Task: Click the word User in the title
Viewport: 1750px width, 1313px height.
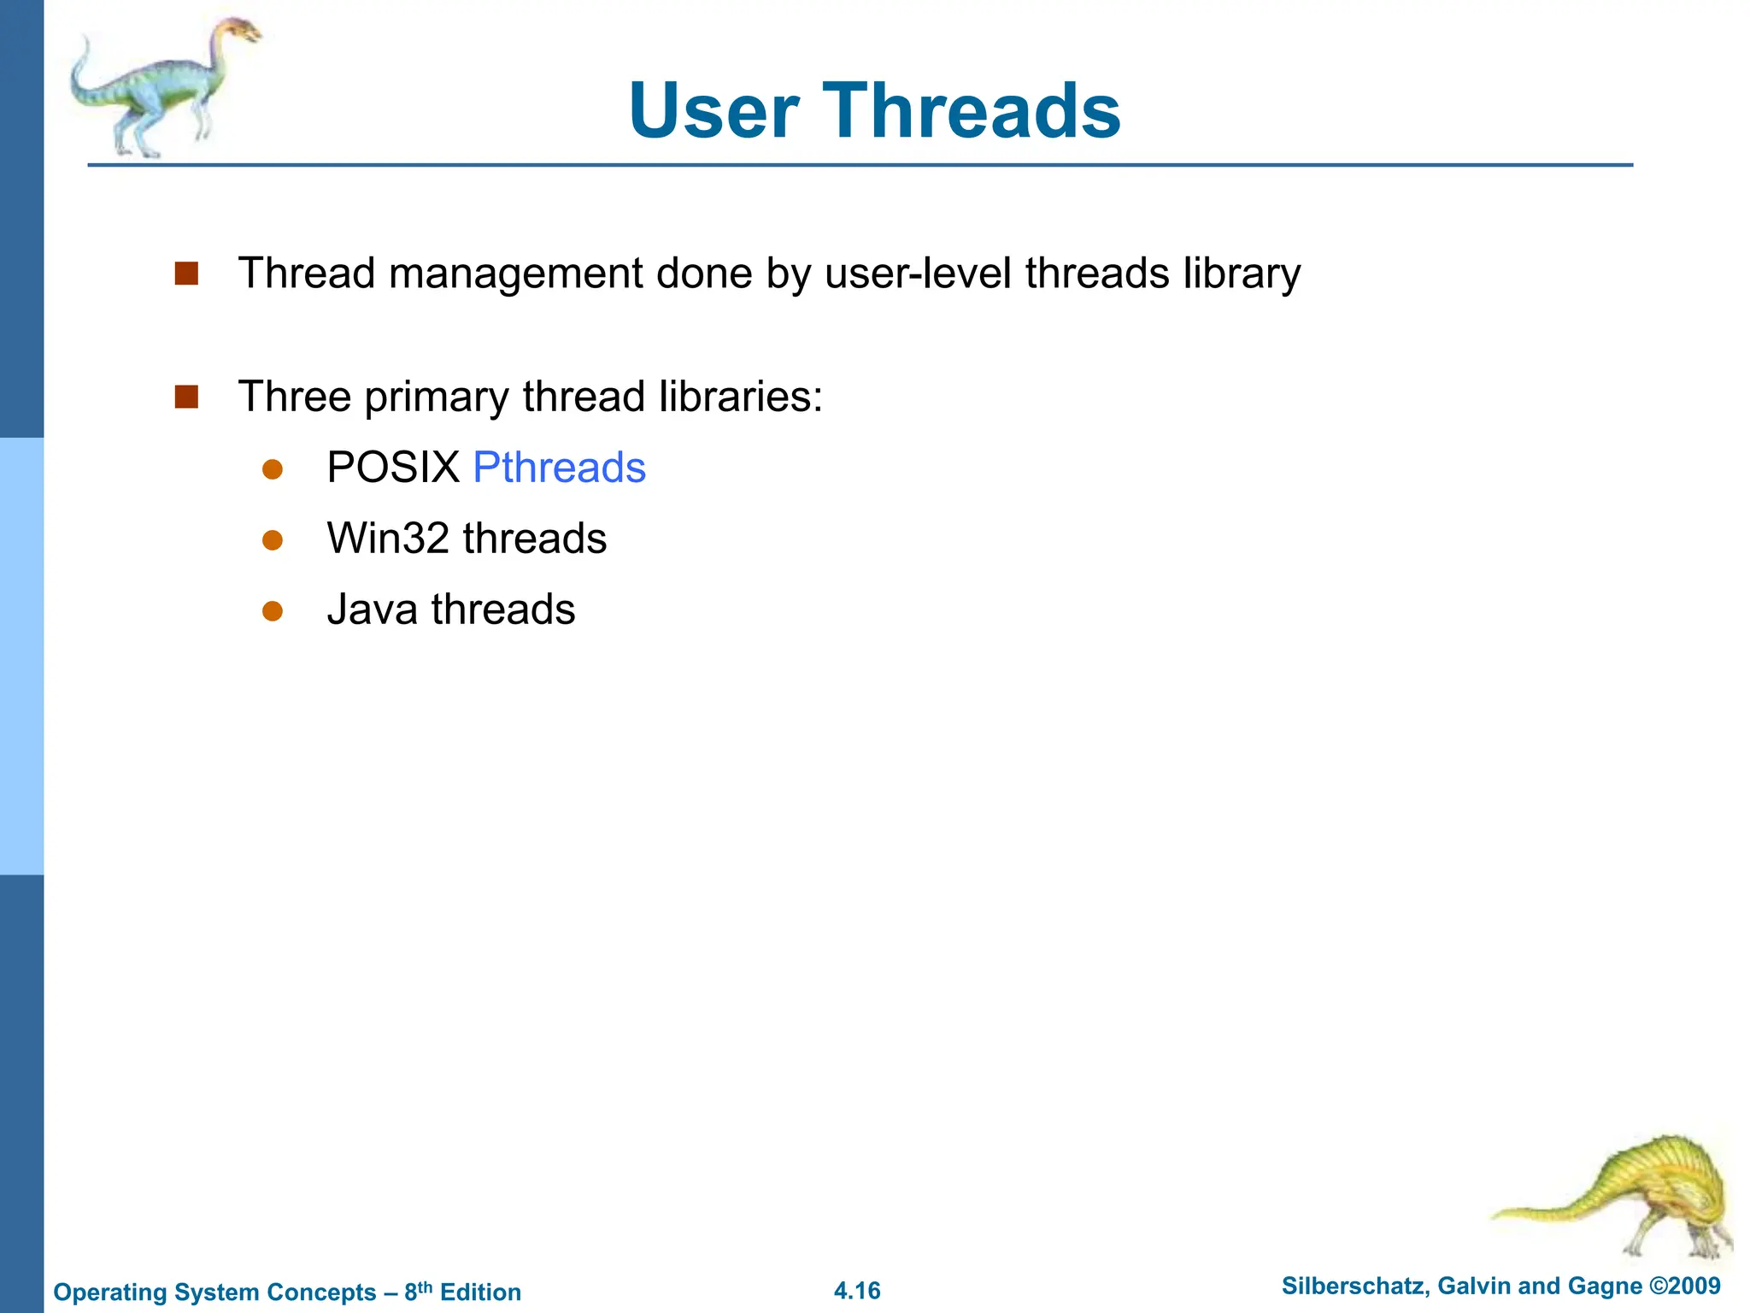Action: (x=714, y=111)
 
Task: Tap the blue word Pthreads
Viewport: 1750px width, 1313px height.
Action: (x=559, y=468)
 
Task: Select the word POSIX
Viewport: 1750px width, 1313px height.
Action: (x=393, y=468)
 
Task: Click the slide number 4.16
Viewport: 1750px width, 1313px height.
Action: (x=857, y=1291)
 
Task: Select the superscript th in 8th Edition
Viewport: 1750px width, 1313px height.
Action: (x=426, y=1285)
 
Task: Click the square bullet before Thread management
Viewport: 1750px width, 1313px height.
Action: (x=186, y=274)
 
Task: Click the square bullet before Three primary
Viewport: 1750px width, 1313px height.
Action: (x=186, y=397)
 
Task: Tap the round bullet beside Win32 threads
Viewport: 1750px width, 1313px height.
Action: (x=273, y=540)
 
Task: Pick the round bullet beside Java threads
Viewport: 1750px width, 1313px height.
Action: (x=273, y=610)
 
